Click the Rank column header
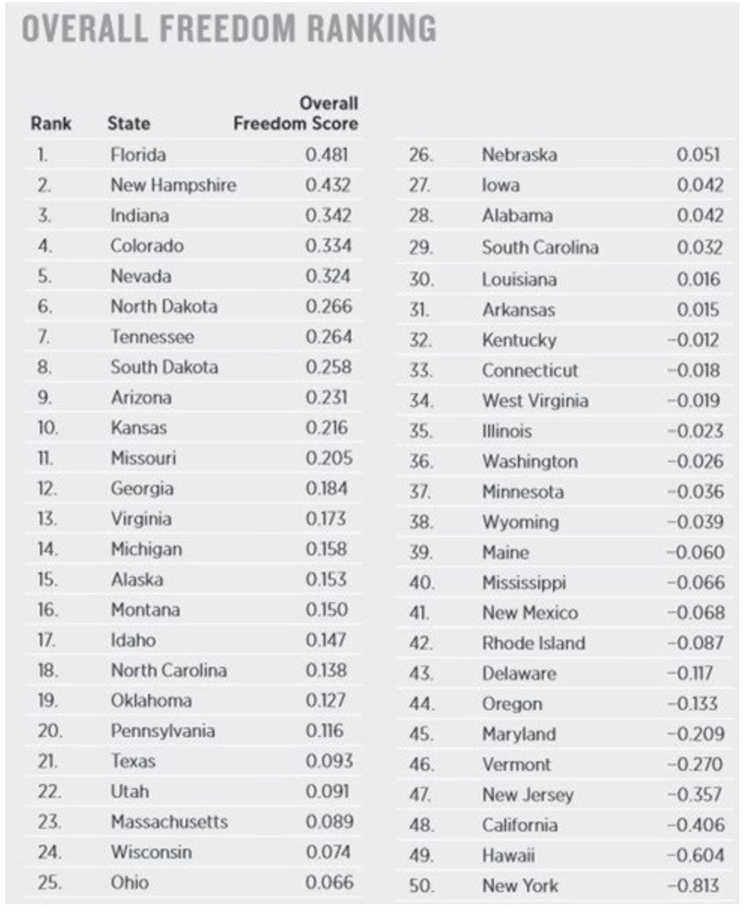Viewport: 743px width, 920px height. point(51,123)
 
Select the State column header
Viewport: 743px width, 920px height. point(129,123)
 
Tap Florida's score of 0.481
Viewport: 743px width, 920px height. point(327,155)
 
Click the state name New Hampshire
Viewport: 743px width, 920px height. point(173,185)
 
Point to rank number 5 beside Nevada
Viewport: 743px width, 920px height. point(44,276)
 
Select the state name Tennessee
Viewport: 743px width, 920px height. point(152,337)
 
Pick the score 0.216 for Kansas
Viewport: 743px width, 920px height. point(327,428)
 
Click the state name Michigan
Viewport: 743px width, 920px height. point(146,549)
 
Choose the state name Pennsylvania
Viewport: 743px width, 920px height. point(162,731)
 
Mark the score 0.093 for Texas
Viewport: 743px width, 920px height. point(329,761)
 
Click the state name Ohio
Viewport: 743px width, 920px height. point(129,882)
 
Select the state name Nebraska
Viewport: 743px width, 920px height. point(519,155)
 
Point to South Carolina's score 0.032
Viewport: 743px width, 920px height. point(699,247)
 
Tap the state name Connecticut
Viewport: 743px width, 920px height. point(530,371)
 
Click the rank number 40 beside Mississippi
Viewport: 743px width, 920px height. point(420,583)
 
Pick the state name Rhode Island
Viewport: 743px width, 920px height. point(533,643)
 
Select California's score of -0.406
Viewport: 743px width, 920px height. point(696,825)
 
